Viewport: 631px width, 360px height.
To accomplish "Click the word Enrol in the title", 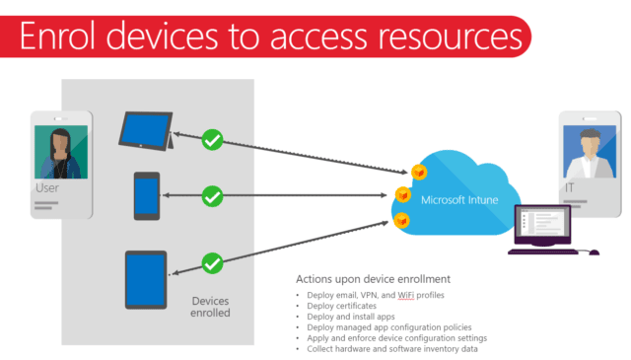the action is (x=57, y=36).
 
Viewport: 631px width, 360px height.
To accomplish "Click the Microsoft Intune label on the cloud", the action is (x=459, y=200).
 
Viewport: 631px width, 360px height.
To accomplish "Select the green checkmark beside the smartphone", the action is (x=212, y=196).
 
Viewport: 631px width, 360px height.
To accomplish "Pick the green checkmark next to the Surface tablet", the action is (x=212, y=140).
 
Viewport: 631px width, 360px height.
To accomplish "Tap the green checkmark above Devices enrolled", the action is (x=212, y=263).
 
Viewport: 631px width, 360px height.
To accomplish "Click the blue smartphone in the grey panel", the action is (x=147, y=196).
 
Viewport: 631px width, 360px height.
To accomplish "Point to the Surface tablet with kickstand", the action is (x=147, y=131).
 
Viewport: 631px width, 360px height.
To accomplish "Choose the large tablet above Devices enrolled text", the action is (x=146, y=280).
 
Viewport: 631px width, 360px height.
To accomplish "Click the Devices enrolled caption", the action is (x=210, y=307).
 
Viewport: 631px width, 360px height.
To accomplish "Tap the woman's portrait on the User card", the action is (x=61, y=152).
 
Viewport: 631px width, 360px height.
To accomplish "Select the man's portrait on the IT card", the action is (x=590, y=152).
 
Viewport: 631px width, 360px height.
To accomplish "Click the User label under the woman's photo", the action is (x=47, y=188).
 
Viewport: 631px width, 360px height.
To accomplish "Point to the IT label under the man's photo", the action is (x=570, y=187).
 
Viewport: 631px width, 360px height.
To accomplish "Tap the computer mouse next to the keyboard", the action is (x=594, y=252).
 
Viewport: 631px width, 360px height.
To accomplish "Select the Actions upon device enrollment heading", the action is (x=373, y=279).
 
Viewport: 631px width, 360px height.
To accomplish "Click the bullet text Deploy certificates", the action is (x=342, y=306).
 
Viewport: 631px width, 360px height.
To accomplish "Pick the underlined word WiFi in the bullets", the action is (x=405, y=295).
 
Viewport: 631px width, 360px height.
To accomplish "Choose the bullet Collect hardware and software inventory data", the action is (x=392, y=349).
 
